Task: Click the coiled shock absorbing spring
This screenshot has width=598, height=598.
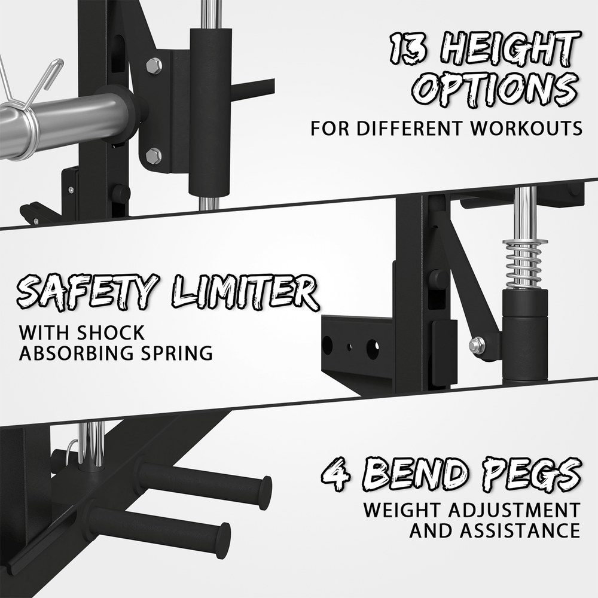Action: (524, 263)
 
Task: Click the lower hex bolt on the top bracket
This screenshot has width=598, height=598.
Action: (154, 155)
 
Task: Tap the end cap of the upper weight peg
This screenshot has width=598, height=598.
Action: (265, 492)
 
